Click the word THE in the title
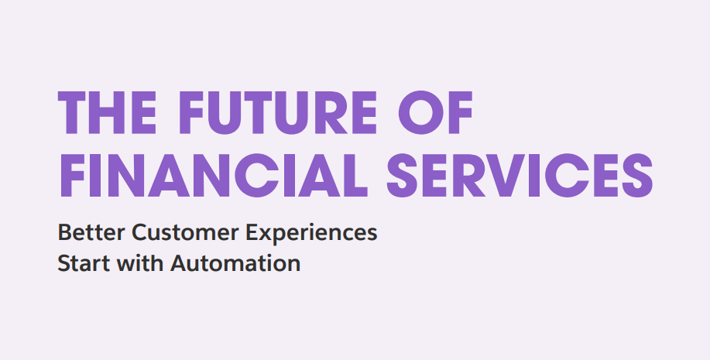click(107, 113)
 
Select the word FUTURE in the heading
click(278, 113)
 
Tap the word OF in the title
click(435, 113)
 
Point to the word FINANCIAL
click(213, 175)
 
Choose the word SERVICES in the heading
click(520, 175)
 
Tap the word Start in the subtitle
click(84, 263)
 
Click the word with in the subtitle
click(140, 262)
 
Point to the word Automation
click(235, 263)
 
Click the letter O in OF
click(421, 113)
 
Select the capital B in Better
click(65, 232)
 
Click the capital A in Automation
click(180, 263)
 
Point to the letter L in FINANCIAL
click(355, 175)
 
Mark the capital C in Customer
click(140, 232)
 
